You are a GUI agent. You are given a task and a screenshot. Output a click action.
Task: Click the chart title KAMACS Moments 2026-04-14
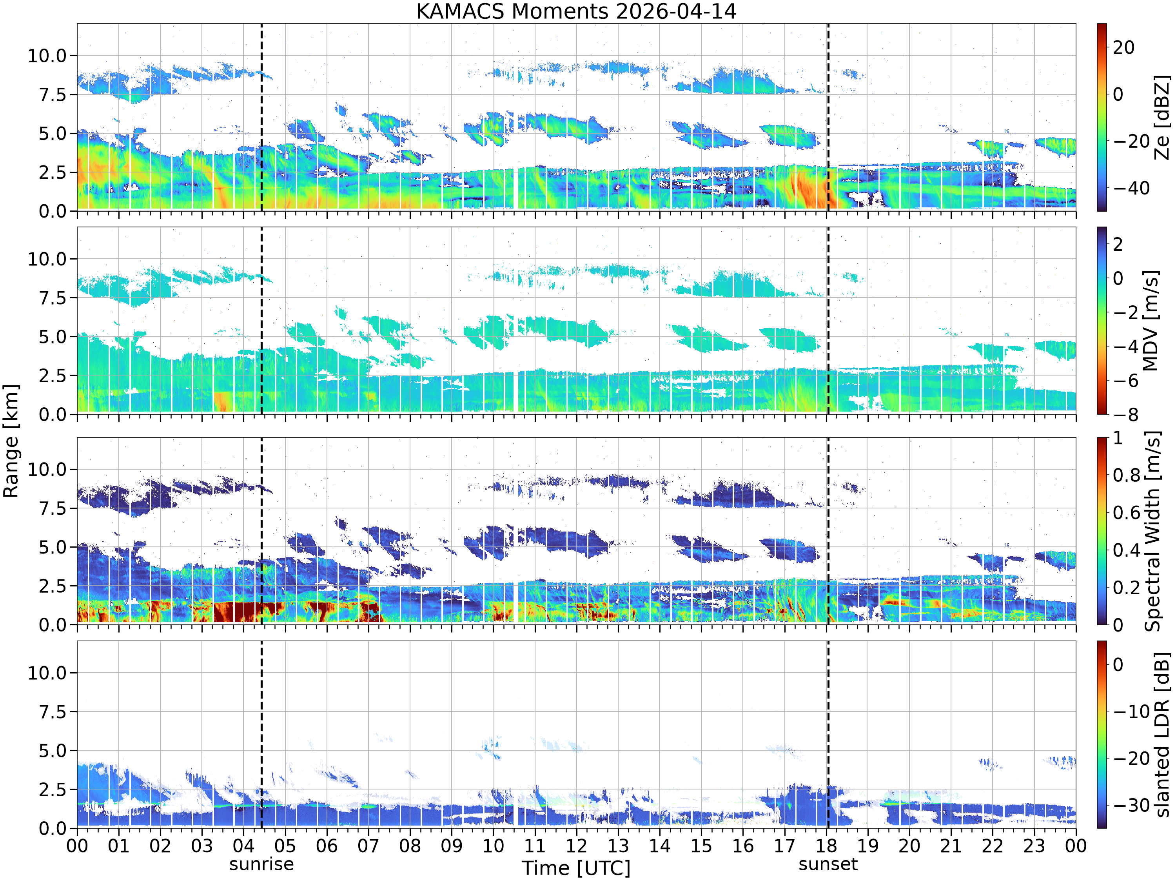coord(576,11)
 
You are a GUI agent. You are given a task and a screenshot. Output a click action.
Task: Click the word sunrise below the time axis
coord(261,864)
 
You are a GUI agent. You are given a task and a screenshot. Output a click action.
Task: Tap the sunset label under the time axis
coord(828,864)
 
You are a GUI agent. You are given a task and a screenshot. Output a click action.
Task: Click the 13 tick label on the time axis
coord(618,845)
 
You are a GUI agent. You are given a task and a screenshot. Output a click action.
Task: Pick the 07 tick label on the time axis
coord(368,845)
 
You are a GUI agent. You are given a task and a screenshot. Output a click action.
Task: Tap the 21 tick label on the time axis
coord(951,845)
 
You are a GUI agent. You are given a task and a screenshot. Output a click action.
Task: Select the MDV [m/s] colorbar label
coord(1151,321)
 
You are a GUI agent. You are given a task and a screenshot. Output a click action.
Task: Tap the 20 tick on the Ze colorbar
coord(1123,47)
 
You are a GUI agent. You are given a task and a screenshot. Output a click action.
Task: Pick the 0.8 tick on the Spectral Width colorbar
coord(1127,475)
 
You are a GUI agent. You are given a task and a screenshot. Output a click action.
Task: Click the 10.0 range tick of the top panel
coord(47,55)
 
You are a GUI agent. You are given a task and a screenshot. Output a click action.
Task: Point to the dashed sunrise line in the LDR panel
coord(261,734)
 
